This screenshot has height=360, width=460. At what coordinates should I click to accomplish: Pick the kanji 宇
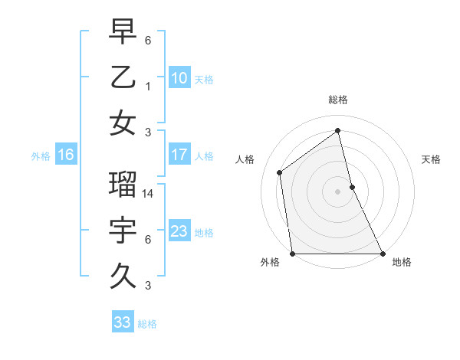pyautogui.click(x=123, y=231)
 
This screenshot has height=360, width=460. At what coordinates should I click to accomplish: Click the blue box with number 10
pyautogui.click(x=179, y=77)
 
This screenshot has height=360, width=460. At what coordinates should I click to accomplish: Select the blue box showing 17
pyautogui.click(x=179, y=155)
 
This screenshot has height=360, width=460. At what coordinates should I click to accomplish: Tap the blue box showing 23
pyautogui.click(x=179, y=231)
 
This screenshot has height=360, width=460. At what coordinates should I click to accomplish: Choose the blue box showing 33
pyautogui.click(x=123, y=322)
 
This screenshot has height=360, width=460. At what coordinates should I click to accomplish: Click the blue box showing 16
pyautogui.click(x=66, y=155)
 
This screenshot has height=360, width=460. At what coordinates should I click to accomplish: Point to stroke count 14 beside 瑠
pyautogui.click(x=149, y=194)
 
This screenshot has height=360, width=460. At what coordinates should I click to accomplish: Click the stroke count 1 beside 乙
pyautogui.click(x=148, y=87)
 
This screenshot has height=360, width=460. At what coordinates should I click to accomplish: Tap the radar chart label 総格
pyautogui.click(x=337, y=100)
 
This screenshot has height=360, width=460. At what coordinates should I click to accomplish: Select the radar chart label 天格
pyautogui.click(x=431, y=159)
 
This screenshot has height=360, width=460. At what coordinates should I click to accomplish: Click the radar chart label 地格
pyautogui.click(x=402, y=262)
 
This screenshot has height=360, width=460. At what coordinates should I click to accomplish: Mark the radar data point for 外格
pyautogui.click(x=292, y=254)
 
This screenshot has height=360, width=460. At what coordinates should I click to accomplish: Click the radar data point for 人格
pyautogui.click(x=280, y=172)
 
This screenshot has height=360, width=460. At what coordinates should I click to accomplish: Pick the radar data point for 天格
pyautogui.click(x=352, y=187)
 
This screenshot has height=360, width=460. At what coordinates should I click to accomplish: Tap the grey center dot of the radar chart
pyautogui.click(x=337, y=191)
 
